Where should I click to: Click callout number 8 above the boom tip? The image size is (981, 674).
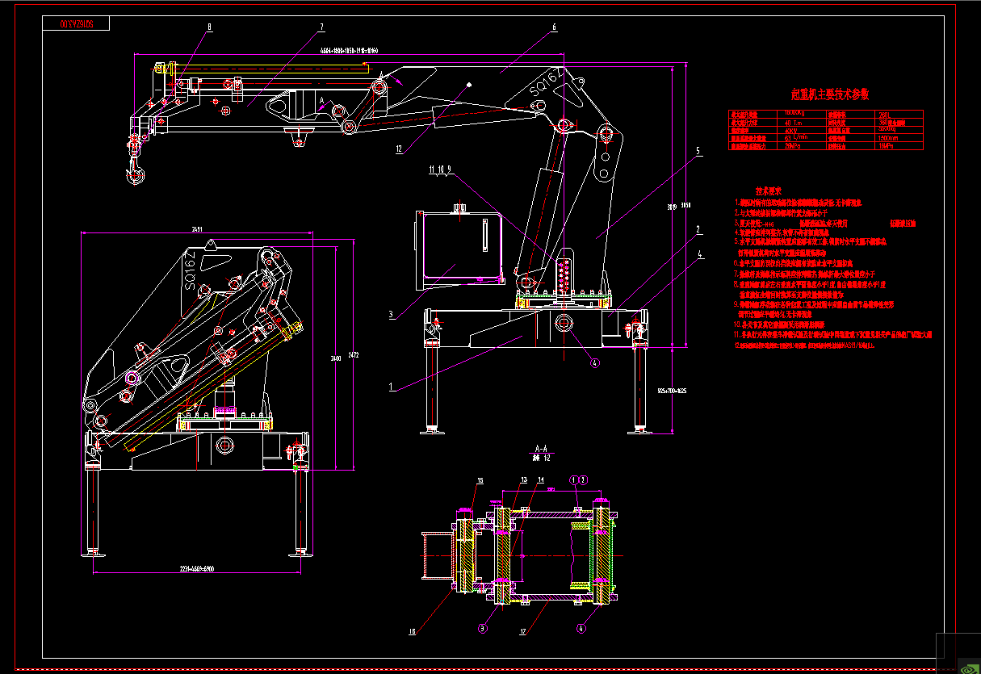tap(209, 27)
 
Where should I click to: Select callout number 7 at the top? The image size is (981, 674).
tap(321, 27)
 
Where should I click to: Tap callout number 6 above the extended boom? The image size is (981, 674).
tap(554, 27)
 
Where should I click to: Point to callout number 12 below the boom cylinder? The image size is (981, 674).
tap(399, 149)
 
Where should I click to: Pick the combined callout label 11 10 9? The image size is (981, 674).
tap(441, 170)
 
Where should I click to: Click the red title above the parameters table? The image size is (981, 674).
tap(829, 94)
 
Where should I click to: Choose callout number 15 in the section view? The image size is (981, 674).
tap(480, 481)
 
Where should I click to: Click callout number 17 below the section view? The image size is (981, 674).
tap(522, 632)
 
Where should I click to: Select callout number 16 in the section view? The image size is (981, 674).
tap(412, 632)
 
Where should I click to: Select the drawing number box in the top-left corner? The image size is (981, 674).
tap(77, 24)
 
